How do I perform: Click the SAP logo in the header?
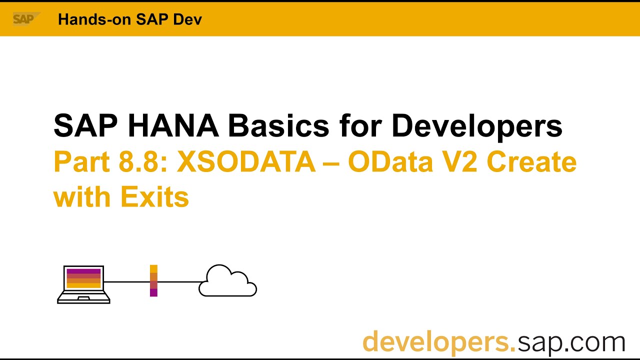point(23,19)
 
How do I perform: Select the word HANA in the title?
point(173,125)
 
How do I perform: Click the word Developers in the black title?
point(476,125)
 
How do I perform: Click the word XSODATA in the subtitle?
point(246,161)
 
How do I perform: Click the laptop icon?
point(83,284)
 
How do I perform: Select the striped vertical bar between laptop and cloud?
point(153,280)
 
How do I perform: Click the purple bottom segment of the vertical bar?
point(153,292)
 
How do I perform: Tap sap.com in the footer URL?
point(571,342)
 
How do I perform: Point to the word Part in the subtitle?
point(80,161)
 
